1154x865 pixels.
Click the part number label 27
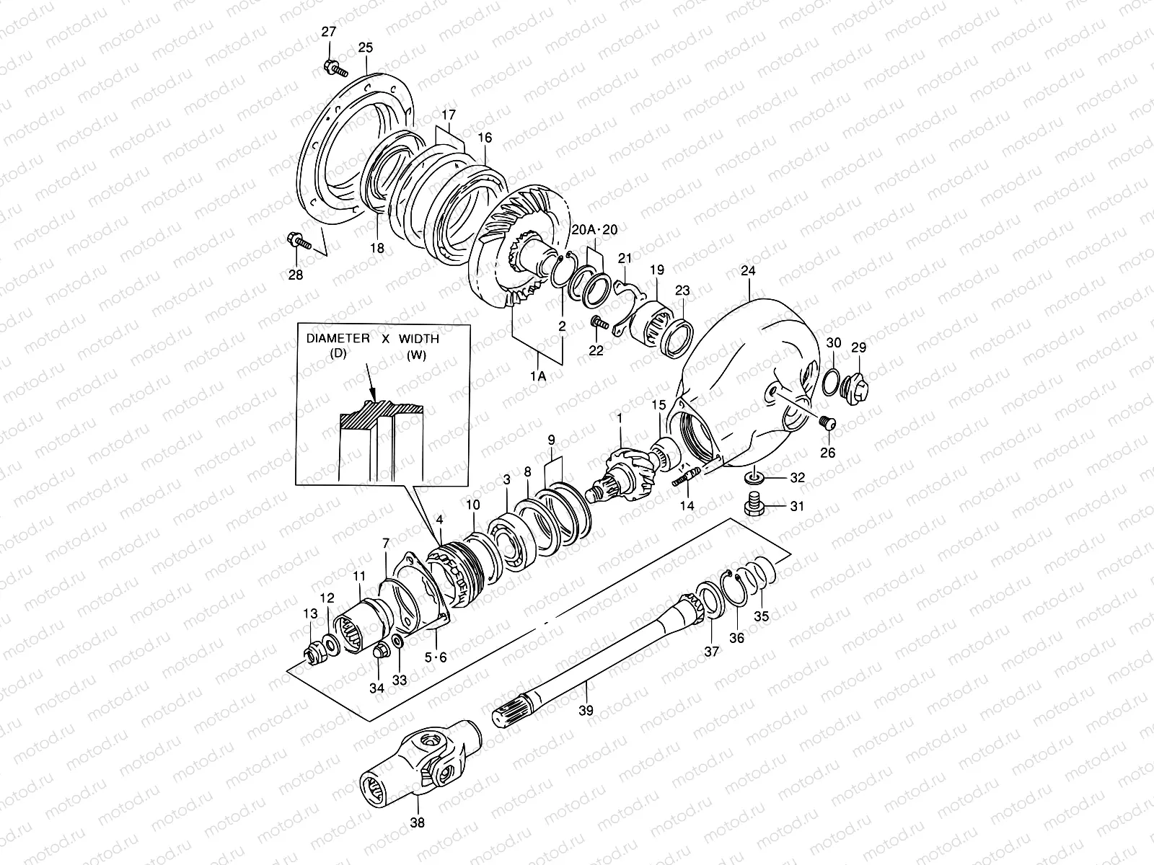point(329,31)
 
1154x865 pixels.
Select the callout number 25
point(366,48)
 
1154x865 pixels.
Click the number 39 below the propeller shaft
point(586,710)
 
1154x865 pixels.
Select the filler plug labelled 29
point(856,381)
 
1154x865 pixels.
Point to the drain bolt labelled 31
point(754,505)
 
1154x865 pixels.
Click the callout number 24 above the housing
point(748,272)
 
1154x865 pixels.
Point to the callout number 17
point(449,115)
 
